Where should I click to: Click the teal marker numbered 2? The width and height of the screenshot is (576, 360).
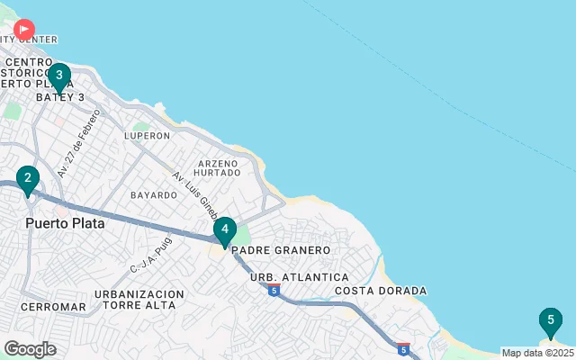click(28, 179)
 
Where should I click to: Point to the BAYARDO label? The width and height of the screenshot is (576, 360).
click(154, 194)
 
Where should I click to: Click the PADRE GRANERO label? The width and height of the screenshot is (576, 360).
click(281, 250)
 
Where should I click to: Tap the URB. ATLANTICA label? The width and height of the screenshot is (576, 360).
click(299, 277)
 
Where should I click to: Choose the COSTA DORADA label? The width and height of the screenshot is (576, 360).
click(381, 291)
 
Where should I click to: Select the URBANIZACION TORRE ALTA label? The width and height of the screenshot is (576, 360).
click(139, 300)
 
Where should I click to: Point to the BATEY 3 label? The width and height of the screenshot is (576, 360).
click(60, 97)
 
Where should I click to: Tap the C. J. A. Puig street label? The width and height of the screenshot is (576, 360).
click(149, 255)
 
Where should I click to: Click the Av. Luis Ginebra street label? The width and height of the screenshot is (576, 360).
click(196, 195)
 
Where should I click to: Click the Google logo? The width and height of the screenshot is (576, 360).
click(30, 349)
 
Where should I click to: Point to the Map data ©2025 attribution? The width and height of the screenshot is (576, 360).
click(537, 353)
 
